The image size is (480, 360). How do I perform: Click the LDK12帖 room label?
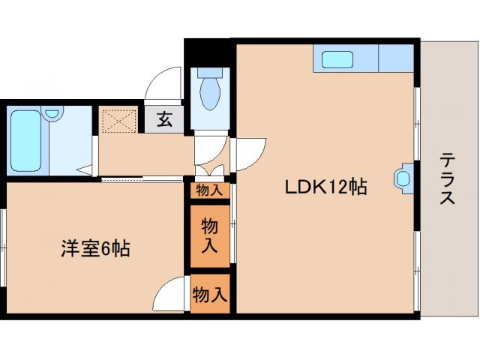click(325, 187)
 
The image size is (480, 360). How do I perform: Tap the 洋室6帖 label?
click(95, 249)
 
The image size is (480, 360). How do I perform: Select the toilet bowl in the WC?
click(209, 96)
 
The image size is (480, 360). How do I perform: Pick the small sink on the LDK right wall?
click(403, 178)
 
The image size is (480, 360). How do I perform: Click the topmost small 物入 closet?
click(209, 190)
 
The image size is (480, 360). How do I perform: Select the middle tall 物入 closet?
click(209, 234)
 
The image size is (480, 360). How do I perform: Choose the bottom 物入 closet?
click(209, 295)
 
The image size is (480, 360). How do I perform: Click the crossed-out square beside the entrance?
click(117, 120)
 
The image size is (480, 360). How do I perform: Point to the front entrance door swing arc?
click(161, 84)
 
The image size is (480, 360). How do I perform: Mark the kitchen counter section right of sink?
click(396, 58)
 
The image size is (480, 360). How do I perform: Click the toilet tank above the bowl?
click(209, 75)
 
